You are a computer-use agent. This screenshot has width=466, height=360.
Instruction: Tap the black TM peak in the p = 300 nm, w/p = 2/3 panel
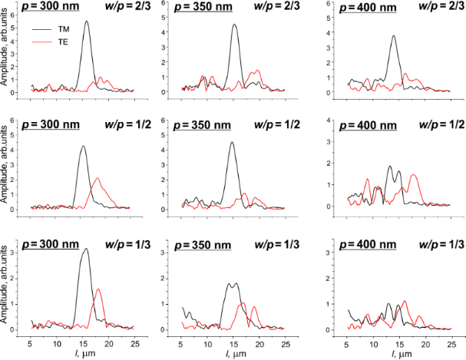click(86, 21)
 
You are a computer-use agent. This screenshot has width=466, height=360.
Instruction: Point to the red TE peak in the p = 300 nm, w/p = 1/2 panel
click(97, 178)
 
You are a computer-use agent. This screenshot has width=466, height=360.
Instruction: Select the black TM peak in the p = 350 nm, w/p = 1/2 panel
click(232, 142)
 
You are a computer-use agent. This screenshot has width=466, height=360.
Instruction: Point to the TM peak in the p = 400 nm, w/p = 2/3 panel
click(394, 35)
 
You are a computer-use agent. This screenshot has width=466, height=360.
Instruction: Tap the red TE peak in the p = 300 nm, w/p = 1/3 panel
click(97, 289)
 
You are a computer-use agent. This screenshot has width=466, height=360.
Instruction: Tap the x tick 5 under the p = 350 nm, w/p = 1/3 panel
click(182, 340)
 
